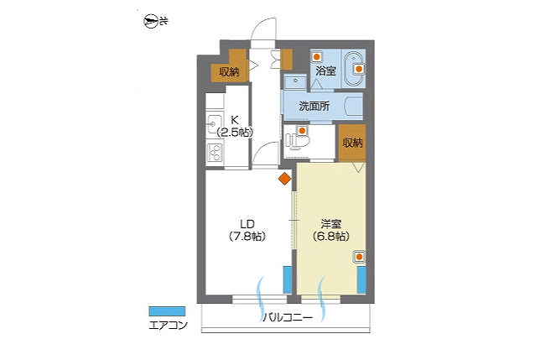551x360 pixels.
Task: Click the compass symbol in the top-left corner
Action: coord(150,22)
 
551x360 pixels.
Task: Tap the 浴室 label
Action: coord(325,71)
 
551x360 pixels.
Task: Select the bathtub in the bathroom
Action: coord(354,70)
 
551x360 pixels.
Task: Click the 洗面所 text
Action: coord(314,106)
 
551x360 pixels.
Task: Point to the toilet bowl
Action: coord(297,141)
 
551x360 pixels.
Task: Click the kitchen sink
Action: coord(214,123)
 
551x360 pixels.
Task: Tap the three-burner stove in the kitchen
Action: coord(215,153)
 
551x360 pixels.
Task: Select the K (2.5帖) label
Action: coord(235,126)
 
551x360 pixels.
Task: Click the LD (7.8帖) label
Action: coord(247,230)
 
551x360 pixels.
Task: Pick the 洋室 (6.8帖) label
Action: coord(330,230)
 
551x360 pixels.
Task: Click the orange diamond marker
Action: coord(284,179)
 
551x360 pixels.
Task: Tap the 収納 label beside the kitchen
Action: coord(229,72)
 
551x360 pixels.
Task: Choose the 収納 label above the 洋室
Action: coord(352,143)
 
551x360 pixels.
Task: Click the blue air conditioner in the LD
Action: coord(288,279)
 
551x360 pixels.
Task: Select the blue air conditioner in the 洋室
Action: coord(361,279)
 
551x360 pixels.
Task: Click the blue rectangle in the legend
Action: coord(167,311)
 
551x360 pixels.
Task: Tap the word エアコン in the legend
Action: coord(168,326)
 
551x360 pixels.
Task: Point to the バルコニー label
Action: coord(288,318)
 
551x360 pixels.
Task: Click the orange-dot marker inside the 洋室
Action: coord(359,258)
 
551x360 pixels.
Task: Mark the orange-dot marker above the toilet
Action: coord(302,131)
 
